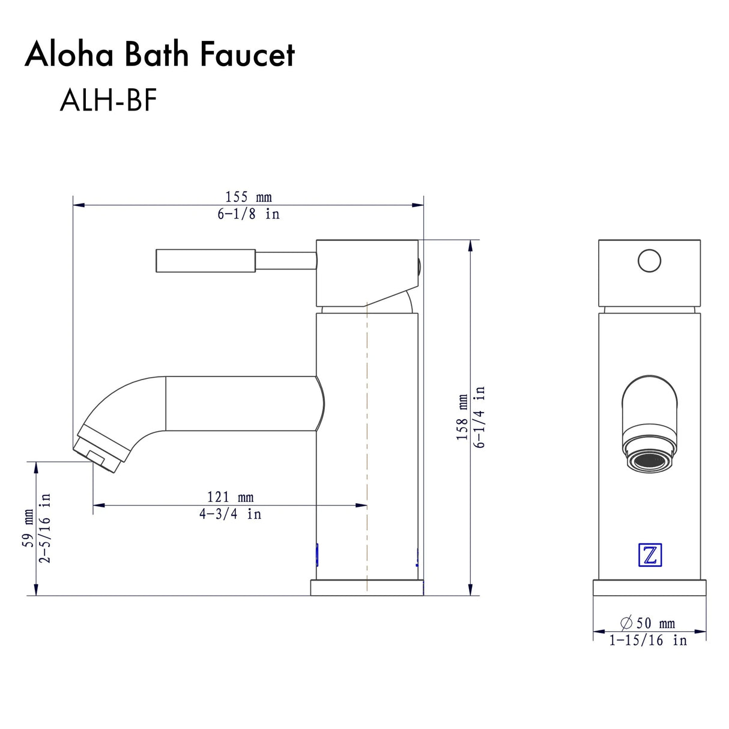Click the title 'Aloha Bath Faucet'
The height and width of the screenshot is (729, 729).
[x=159, y=55]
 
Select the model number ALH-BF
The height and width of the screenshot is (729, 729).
[x=108, y=100]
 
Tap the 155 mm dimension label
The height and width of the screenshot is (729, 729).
[x=248, y=197]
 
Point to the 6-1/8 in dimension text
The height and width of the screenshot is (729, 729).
[x=248, y=214]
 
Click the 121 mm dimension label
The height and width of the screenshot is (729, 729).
[x=230, y=497]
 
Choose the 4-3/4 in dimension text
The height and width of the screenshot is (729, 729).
[x=230, y=515]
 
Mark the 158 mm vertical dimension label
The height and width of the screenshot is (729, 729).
[x=462, y=417]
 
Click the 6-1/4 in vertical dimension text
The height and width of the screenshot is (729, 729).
[x=479, y=417]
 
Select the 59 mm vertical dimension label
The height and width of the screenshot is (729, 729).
[x=28, y=528]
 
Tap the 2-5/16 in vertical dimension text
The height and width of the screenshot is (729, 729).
[x=45, y=528]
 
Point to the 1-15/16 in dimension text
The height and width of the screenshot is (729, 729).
[x=647, y=641]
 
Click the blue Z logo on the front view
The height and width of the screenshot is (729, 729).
[x=649, y=555]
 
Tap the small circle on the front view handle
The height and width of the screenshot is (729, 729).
[x=649, y=261]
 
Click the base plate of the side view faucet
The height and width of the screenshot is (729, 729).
[x=366, y=588]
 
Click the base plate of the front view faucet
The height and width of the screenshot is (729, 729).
[x=649, y=588]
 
